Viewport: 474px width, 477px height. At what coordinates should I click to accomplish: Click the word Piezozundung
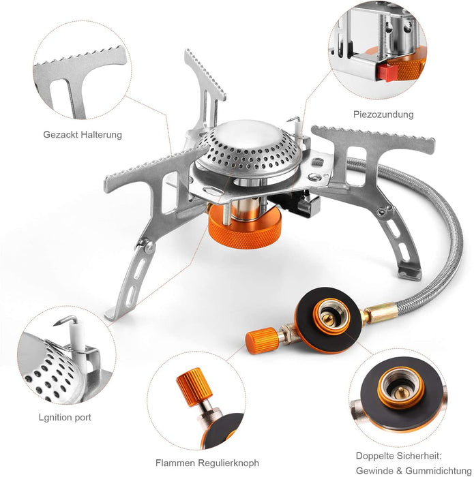coord(383,114)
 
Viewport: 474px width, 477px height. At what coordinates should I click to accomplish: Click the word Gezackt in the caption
coord(58,134)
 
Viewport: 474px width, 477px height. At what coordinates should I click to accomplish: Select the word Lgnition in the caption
coord(54,417)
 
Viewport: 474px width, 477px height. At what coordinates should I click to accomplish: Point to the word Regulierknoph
coord(228,463)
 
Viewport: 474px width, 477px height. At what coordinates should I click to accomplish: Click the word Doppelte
coord(375,456)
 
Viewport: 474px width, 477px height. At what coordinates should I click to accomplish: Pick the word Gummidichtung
coord(439,470)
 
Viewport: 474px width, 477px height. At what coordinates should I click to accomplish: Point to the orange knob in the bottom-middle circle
coord(194,386)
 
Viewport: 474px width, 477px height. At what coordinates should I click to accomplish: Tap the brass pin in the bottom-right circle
coord(400,393)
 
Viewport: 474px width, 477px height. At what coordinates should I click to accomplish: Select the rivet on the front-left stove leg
coord(149,247)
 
